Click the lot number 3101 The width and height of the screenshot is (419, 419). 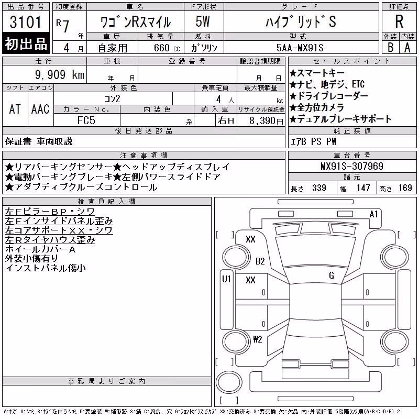[25, 22]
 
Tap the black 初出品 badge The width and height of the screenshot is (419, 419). [26, 43]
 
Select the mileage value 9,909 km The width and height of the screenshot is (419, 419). [60, 74]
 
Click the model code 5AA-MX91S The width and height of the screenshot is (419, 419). [300, 48]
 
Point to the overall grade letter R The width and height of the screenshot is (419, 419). [399, 21]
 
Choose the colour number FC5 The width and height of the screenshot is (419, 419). [86, 120]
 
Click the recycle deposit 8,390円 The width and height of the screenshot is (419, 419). [266, 121]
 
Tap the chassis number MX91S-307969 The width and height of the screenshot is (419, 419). [352, 166]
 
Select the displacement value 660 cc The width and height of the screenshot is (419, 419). [167, 48]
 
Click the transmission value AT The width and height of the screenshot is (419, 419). [15, 109]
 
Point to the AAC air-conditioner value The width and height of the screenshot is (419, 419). [40, 109]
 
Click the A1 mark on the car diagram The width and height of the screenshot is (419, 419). [373, 214]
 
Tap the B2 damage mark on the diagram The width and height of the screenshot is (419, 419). [260, 261]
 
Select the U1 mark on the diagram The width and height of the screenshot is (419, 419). [226, 279]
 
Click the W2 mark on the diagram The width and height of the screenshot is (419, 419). [258, 339]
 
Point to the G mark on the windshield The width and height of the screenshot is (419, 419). [332, 275]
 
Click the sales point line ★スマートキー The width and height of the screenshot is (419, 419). [317, 73]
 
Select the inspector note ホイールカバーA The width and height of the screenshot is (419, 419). [40, 249]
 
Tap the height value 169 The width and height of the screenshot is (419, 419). [405, 188]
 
